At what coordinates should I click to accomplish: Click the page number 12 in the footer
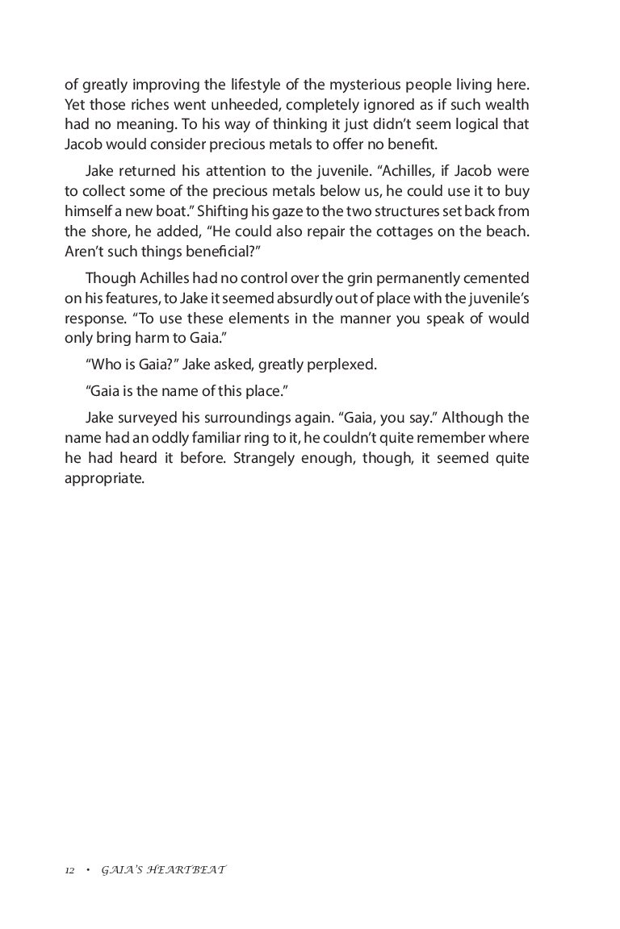69,871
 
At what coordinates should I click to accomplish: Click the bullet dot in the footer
88,871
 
